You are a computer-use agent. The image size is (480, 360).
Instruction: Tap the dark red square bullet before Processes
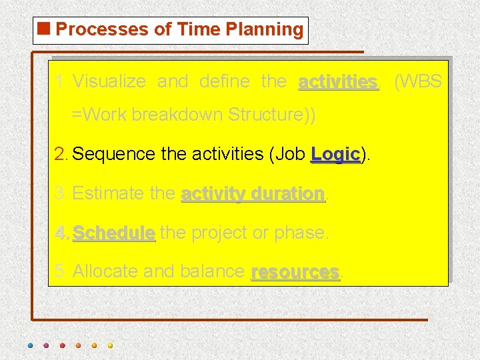(x=44, y=29)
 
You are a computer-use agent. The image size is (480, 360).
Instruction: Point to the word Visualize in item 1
(x=109, y=82)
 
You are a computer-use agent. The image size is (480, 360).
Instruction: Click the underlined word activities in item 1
(x=337, y=82)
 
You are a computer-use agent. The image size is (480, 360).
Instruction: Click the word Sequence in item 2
(x=114, y=154)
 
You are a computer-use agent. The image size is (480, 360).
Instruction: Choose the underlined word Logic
(x=335, y=154)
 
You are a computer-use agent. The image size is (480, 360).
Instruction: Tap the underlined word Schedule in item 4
(x=113, y=233)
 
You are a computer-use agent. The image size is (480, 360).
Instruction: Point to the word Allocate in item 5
(x=105, y=272)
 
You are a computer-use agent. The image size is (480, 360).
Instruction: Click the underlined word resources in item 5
(x=295, y=272)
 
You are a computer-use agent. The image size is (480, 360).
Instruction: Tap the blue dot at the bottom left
(x=30, y=345)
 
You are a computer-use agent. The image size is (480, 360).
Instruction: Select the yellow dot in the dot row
(x=110, y=345)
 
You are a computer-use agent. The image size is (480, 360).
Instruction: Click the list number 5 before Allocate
(x=60, y=272)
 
